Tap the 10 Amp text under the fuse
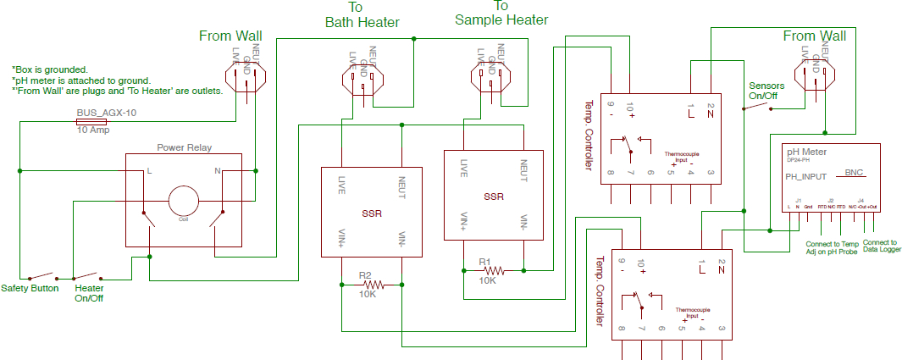[93, 130]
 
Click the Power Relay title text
[184, 147]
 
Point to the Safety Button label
[30, 288]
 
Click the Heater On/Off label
[89, 293]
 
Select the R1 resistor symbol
[494, 270]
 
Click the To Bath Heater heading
[362, 14]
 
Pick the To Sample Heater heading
[501, 13]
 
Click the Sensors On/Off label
[766, 91]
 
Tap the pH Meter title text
[806, 152]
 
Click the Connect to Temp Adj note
[832, 248]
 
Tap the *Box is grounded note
[51, 69]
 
